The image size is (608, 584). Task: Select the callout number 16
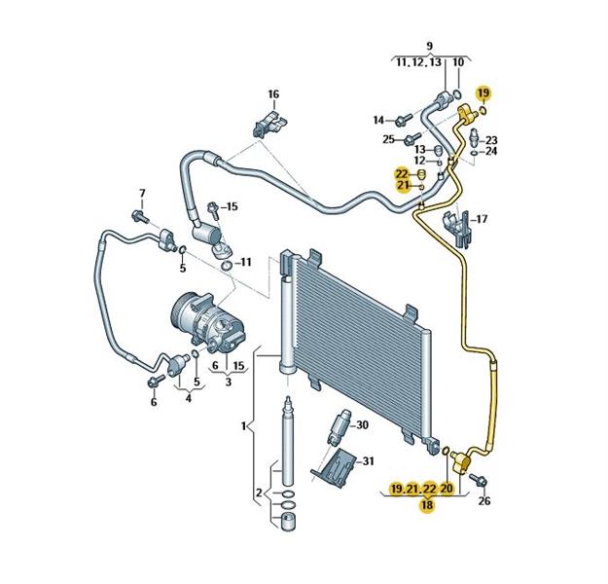(273, 94)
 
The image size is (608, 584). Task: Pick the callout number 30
(362, 425)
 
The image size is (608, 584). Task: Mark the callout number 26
(484, 501)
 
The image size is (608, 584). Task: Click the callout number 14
(378, 120)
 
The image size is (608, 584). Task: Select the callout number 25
(388, 139)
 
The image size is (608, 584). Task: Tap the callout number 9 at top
(429, 46)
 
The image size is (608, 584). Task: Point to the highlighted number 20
(447, 488)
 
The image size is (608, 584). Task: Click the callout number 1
(244, 425)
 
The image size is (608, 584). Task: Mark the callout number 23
(490, 139)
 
